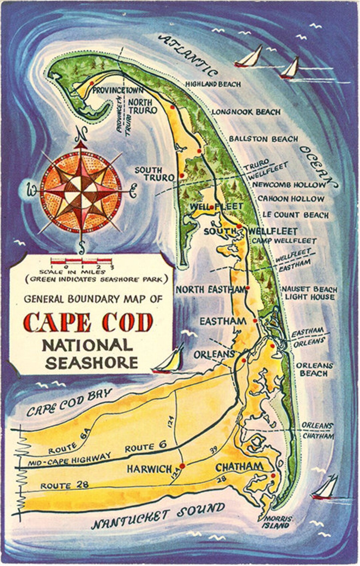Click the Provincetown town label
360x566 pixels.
click(x=118, y=90)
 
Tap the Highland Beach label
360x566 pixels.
click(x=213, y=84)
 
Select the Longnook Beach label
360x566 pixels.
click(x=246, y=112)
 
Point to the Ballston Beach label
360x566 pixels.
click(x=263, y=139)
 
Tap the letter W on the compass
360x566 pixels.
click(x=32, y=191)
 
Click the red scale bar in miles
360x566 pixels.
click(x=81, y=260)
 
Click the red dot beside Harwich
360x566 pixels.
click(x=182, y=466)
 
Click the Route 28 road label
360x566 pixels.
click(x=64, y=485)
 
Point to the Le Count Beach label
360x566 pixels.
click(x=296, y=215)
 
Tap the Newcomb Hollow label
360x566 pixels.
click(x=289, y=184)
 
